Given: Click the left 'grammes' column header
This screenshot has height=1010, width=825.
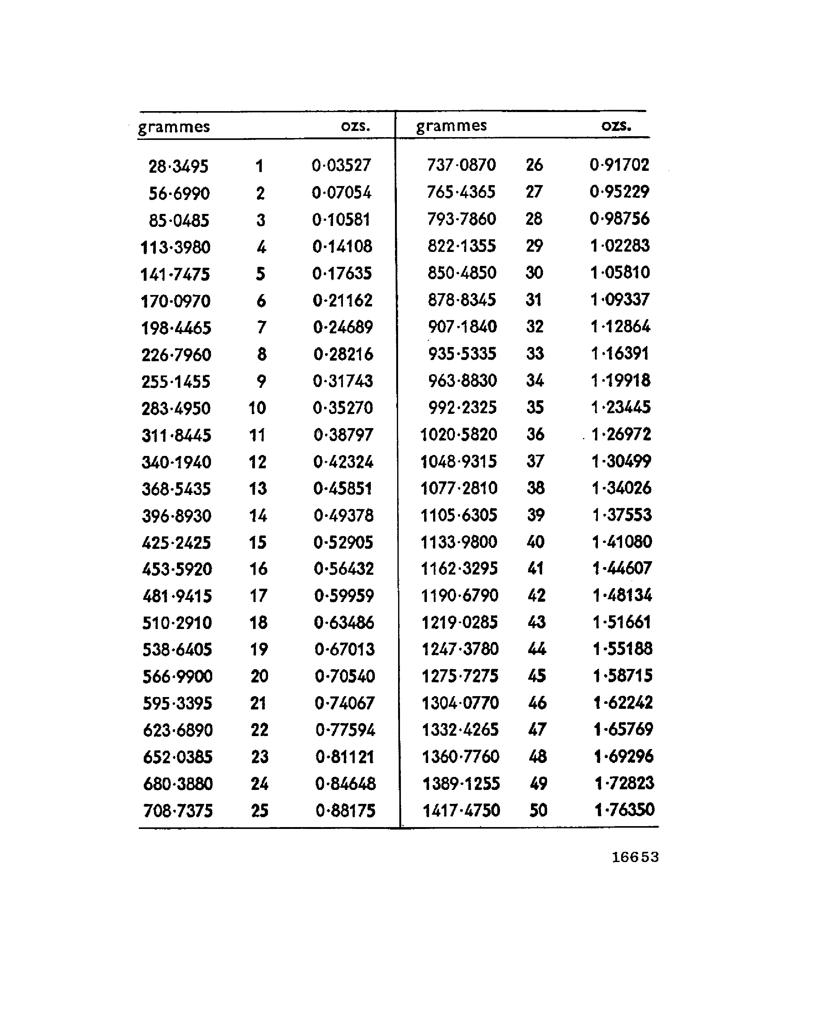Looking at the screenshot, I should click(174, 127).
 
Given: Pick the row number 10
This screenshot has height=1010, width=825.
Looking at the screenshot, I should click(257, 408).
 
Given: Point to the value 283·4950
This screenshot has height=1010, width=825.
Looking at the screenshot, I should click(176, 408).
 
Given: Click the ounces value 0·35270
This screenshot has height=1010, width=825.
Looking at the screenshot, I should click(343, 408).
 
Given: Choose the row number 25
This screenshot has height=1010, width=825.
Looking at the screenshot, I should click(260, 811).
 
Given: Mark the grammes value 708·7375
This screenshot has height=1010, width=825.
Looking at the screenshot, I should click(178, 811).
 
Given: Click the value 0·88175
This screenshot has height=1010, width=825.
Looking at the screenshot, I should click(345, 811).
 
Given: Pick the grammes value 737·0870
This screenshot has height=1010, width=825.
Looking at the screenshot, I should click(461, 165).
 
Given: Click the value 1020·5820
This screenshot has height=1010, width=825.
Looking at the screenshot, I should click(459, 435).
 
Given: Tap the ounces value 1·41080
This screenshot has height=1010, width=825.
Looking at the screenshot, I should click(622, 542).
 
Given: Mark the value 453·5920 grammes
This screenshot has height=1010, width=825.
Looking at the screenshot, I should click(177, 569).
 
